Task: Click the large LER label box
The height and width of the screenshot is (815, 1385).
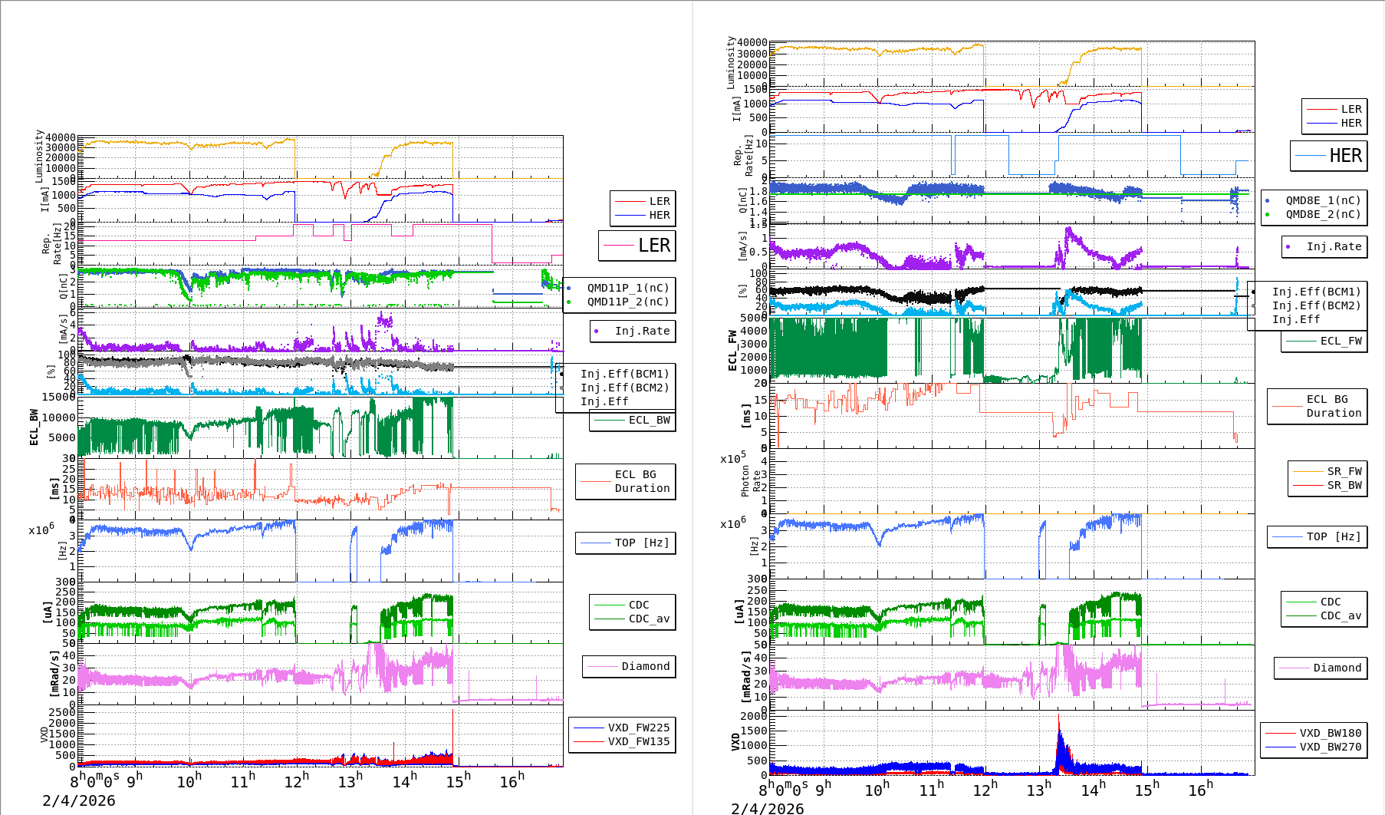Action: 637,246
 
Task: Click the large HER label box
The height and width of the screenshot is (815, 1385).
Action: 1329,156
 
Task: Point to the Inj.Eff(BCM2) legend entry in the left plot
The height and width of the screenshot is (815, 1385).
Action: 624,388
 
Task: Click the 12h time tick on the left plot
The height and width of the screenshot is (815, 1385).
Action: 296,781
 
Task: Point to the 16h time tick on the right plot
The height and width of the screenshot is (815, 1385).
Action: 1199,789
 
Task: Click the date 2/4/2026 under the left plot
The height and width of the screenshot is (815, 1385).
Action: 79,800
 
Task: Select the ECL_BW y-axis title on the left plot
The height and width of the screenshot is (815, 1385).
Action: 34,427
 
